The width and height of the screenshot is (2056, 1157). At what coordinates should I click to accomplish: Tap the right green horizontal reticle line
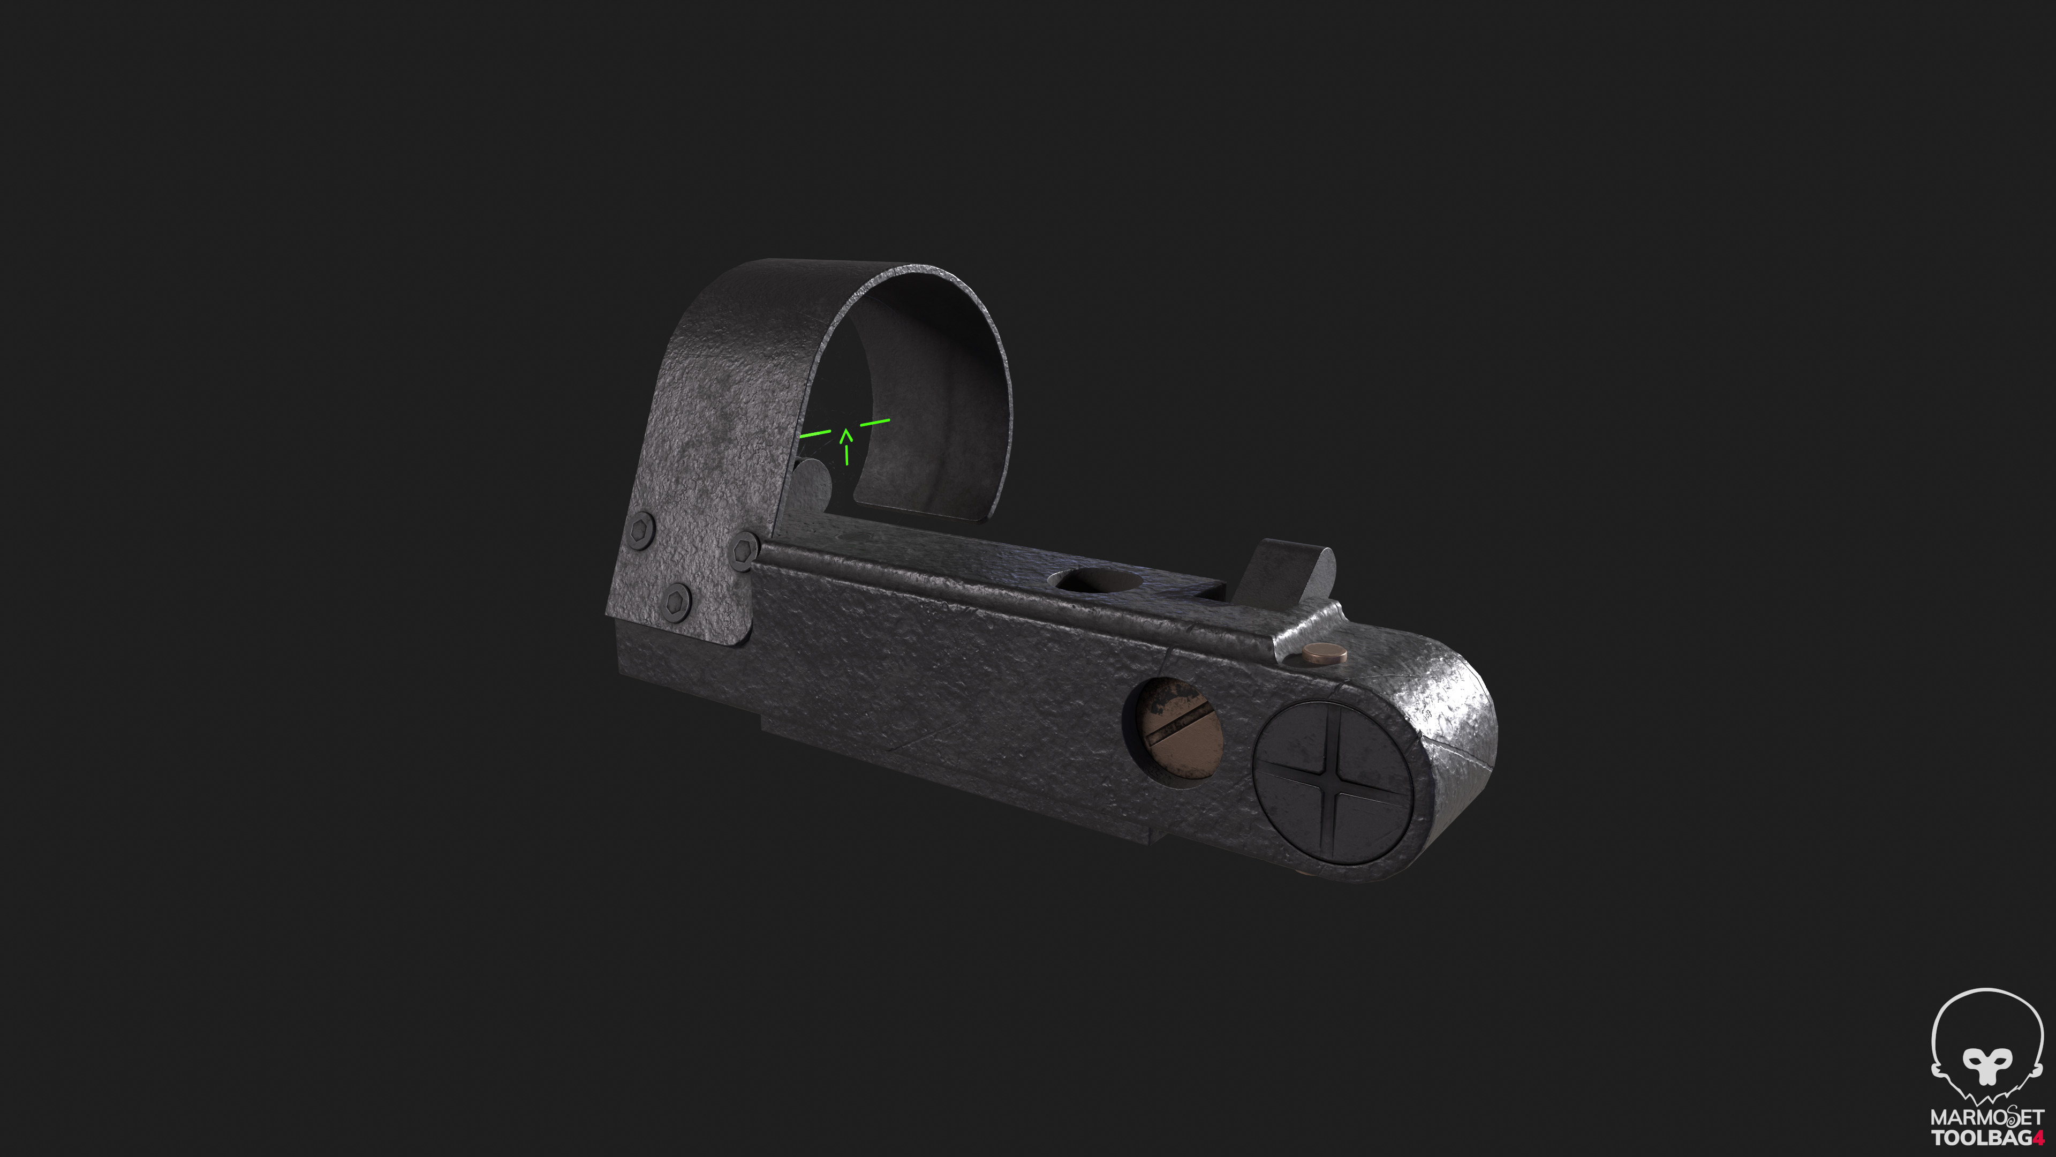click(x=875, y=422)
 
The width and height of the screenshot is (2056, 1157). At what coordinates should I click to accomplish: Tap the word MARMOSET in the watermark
click(x=1986, y=1117)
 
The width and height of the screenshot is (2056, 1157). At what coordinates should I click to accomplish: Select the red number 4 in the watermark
click(x=2038, y=1137)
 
